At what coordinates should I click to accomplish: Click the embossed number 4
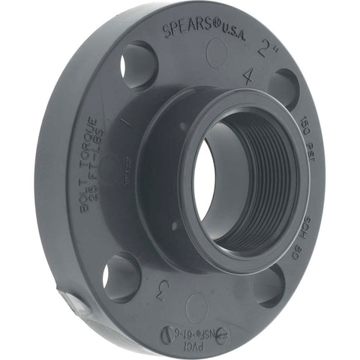click(x=248, y=75)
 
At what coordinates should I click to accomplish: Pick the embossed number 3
click(x=158, y=289)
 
